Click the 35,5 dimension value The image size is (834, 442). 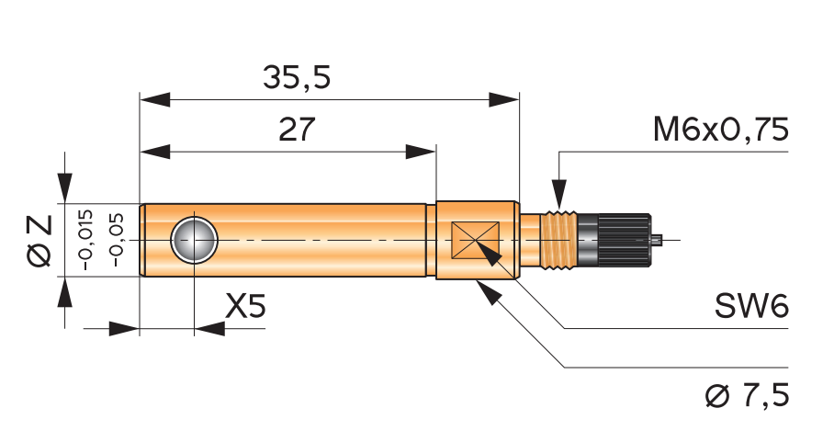(x=297, y=78)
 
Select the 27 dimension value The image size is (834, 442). (x=297, y=130)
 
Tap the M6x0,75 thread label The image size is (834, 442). (x=721, y=130)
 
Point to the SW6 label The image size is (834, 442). (x=750, y=306)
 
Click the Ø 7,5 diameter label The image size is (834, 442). (x=748, y=395)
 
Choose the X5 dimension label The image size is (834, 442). (x=244, y=306)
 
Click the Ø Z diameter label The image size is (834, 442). (x=39, y=241)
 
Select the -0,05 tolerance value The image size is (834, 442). (x=117, y=240)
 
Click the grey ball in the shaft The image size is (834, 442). (x=194, y=241)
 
